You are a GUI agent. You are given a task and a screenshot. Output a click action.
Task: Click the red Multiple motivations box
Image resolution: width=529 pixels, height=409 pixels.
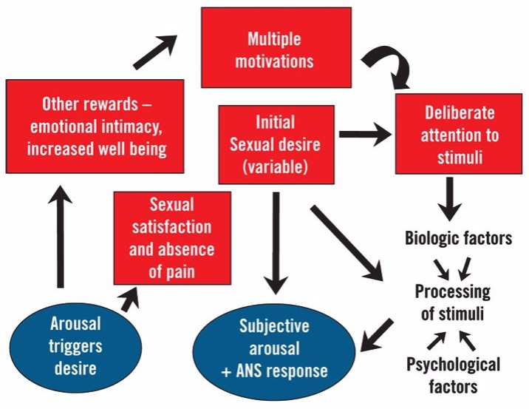pyautogui.click(x=276, y=47)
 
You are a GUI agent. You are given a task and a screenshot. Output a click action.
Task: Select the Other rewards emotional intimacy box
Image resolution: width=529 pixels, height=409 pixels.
pyautogui.click(x=95, y=126)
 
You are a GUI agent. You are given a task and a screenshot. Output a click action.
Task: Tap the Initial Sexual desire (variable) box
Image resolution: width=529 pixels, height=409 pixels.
pyautogui.click(x=276, y=144)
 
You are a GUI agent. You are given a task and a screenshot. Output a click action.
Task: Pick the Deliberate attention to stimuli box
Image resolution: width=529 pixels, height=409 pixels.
pyautogui.click(x=459, y=134)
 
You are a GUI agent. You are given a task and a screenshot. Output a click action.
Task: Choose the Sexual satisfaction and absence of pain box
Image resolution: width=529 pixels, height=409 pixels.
pyautogui.click(x=172, y=238)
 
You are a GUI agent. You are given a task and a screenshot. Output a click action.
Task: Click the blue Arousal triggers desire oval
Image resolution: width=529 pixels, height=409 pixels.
pyautogui.click(x=75, y=347)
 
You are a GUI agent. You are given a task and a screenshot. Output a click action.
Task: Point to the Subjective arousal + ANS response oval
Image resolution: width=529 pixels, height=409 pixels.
pyautogui.click(x=274, y=351)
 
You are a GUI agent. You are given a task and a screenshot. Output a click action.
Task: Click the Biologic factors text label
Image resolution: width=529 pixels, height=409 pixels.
pyautogui.click(x=458, y=237)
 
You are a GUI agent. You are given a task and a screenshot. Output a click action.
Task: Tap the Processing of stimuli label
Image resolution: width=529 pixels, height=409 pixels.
pyautogui.click(x=452, y=302)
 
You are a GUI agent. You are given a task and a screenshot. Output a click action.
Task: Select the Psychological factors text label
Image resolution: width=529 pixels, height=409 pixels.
pyautogui.click(x=453, y=375)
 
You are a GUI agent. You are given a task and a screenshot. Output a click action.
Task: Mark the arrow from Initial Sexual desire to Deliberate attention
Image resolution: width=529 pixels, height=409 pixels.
pyautogui.click(x=366, y=134)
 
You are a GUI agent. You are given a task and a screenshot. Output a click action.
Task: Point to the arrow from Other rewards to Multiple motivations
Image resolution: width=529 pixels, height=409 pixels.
pyautogui.click(x=155, y=52)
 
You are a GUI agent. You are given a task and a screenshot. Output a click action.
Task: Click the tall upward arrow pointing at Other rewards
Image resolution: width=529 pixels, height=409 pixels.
pyautogui.click(x=61, y=237)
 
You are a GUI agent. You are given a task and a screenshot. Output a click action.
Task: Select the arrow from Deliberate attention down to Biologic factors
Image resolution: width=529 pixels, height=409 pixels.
pyautogui.click(x=449, y=199)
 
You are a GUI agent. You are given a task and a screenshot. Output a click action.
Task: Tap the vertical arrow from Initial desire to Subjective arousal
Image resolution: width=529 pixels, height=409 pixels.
pyautogui.click(x=276, y=243)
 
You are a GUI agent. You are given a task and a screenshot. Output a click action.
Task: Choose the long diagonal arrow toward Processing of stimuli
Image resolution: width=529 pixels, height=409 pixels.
pyautogui.click(x=347, y=243)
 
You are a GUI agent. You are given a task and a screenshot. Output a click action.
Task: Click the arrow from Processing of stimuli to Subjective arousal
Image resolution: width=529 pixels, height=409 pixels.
pyautogui.click(x=377, y=335)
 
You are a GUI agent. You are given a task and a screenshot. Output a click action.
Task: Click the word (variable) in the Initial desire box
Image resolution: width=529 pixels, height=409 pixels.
pyautogui.click(x=276, y=166)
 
